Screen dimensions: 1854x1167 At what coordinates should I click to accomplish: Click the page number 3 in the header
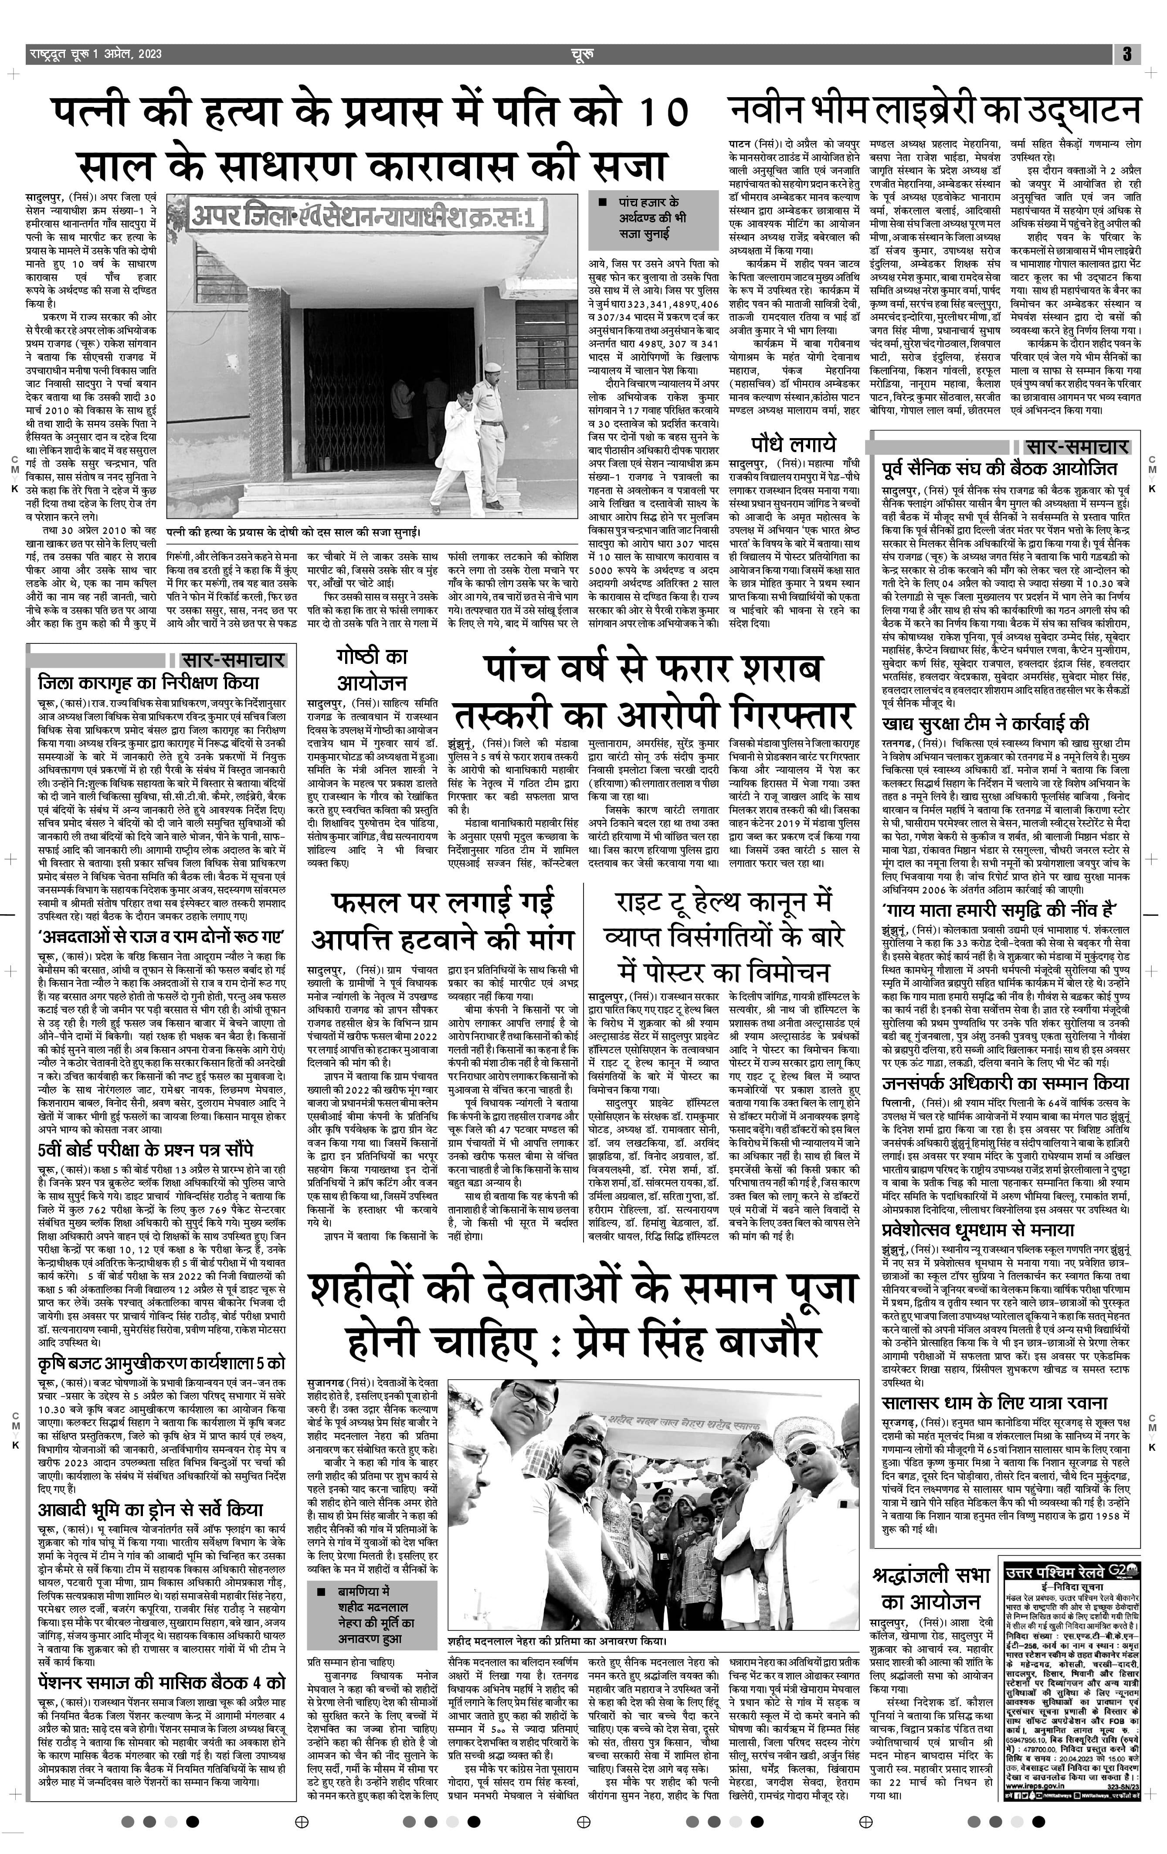[x=1126, y=54]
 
